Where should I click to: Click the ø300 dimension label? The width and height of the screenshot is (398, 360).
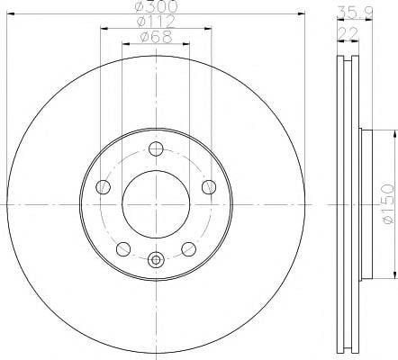(156, 6)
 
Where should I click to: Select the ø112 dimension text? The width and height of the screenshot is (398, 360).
(156, 22)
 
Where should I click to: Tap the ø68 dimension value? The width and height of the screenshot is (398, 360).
(156, 37)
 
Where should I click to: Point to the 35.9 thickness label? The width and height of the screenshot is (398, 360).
(355, 13)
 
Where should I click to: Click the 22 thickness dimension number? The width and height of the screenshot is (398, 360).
(348, 33)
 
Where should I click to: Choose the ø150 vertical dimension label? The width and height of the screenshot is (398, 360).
(389, 204)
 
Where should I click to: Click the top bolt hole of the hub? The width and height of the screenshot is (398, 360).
(156, 148)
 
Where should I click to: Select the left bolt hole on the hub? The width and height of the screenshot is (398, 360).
(103, 187)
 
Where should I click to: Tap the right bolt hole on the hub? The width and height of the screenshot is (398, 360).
(209, 187)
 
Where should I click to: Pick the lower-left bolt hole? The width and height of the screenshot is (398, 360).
(123, 249)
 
